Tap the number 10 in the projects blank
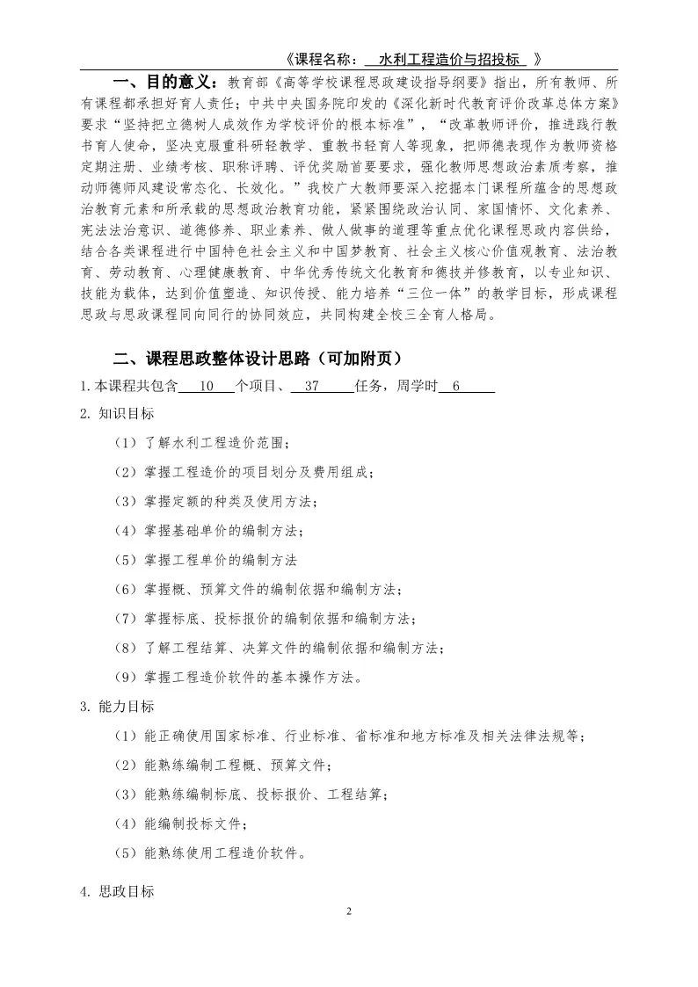(207, 386)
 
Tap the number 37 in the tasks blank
(310, 386)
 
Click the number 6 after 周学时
(456, 386)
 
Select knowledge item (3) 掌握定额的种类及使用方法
(216, 501)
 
